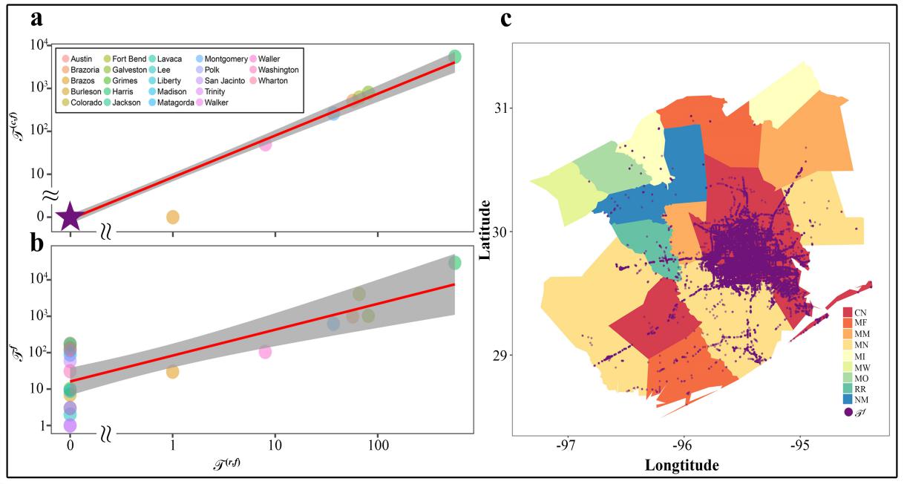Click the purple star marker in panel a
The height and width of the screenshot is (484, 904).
(70, 216)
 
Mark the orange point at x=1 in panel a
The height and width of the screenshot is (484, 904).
(172, 217)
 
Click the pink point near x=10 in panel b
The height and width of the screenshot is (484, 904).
(265, 351)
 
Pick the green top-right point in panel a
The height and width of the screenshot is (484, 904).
(455, 56)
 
